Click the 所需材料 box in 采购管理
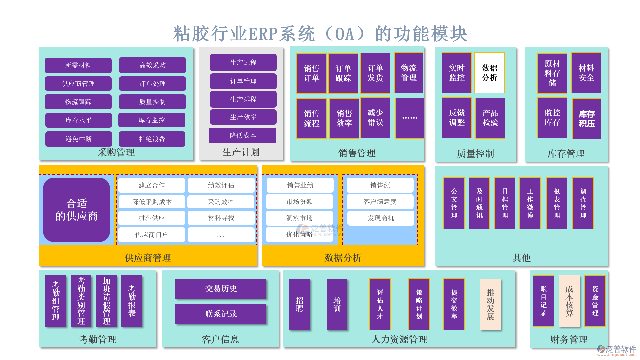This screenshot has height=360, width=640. click(x=78, y=65)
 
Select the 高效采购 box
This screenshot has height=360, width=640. click(x=152, y=65)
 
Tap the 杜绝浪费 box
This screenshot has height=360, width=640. click(x=152, y=139)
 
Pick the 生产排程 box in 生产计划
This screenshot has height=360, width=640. click(x=243, y=99)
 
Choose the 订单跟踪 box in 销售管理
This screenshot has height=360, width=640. click(x=343, y=73)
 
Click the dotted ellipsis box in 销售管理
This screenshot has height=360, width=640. click(x=410, y=118)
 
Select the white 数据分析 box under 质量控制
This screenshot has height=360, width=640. click(x=489, y=73)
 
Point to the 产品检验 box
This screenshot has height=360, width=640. click(x=490, y=118)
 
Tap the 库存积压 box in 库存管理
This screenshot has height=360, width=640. click(x=587, y=119)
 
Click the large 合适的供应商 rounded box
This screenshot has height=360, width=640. click(x=77, y=210)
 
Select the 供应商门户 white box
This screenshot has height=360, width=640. click(x=152, y=235)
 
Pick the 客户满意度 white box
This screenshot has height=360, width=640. click(x=380, y=202)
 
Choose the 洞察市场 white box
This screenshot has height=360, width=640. click(x=299, y=218)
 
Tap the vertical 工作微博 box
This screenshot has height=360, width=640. click(x=530, y=203)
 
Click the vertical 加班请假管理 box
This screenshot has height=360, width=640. click(x=106, y=301)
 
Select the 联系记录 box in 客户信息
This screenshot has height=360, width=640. click(x=221, y=314)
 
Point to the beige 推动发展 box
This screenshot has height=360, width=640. click(x=490, y=304)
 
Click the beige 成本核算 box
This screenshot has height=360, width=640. click(x=569, y=301)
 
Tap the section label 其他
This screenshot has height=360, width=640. click(x=521, y=258)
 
